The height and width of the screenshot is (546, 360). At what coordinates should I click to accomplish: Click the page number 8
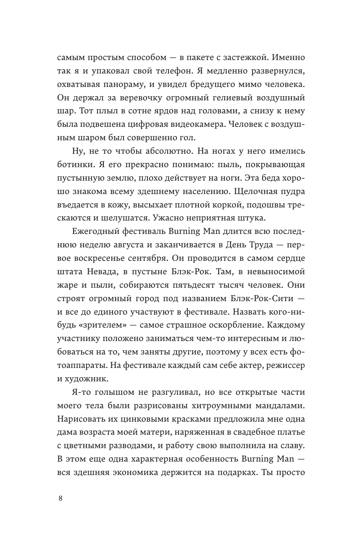click(60, 498)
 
